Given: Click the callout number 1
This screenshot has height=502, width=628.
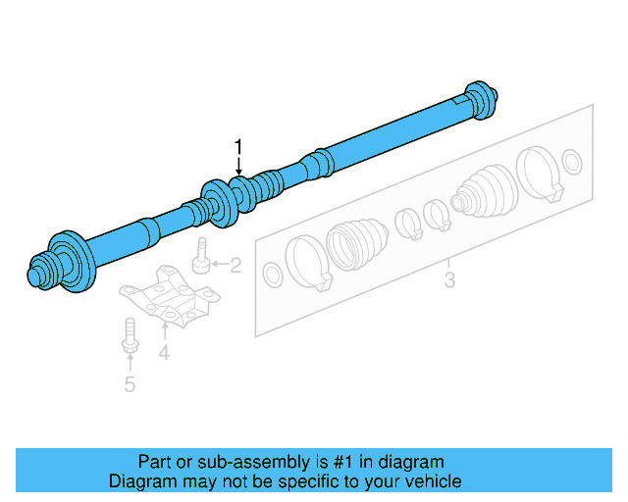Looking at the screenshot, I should click(237, 147).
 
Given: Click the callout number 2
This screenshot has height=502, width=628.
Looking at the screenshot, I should click(236, 264).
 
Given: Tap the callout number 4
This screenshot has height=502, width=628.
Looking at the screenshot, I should click(164, 352).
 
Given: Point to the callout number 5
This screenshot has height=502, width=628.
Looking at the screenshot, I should click(130, 383).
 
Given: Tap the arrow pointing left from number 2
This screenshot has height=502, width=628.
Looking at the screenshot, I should click(219, 264).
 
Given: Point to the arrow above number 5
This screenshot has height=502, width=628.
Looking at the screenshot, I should click(130, 364).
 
